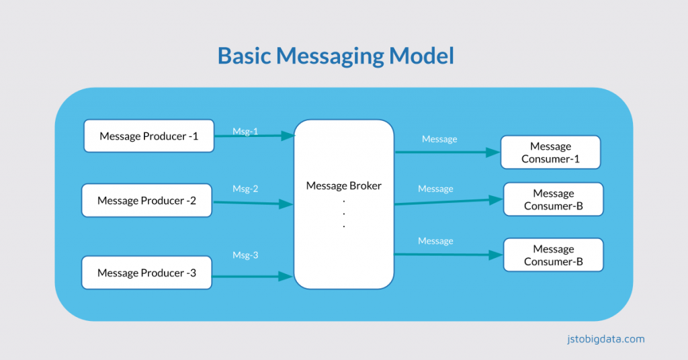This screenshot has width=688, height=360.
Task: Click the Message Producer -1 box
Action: coord(148,136)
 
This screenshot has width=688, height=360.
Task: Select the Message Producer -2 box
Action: coord(146,200)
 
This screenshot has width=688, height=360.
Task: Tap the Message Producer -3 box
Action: coord(146,273)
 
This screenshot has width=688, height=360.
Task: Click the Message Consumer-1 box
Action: coord(550,152)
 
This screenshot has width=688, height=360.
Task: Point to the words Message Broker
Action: coord(343,185)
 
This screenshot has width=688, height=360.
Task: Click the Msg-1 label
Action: coord(245,131)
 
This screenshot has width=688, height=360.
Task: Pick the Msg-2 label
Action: coord(245,189)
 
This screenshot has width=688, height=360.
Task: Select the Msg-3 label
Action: coord(245,255)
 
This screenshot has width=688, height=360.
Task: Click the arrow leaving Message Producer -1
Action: coord(252,136)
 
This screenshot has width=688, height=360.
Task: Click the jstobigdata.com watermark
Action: coord(605,339)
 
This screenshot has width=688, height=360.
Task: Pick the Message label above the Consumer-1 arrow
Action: coord(439,139)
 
